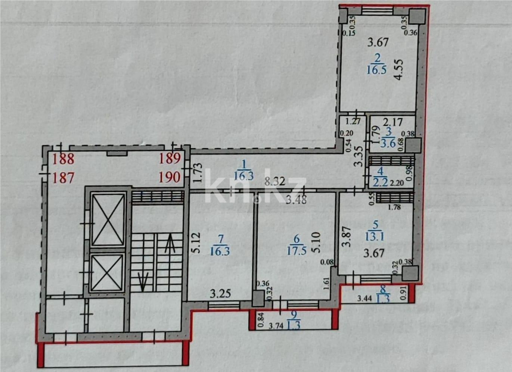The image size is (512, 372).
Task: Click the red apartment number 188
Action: pyautogui.click(x=63, y=159)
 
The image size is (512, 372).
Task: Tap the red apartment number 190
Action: pyautogui.click(x=170, y=177)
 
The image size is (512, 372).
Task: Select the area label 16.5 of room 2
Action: pyautogui.click(x=376, y=70)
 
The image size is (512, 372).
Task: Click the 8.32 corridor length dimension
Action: pyautogui.click(x=275, y=182)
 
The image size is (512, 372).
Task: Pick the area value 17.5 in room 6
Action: pyautogui.click(x=297, y=250)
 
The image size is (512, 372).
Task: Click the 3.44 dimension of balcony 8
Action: pyautogui.click(x=364, y=298)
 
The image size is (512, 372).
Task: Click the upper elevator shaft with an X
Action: pyautogui.click(x=108, y=220)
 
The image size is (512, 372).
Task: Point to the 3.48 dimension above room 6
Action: pyautogui.click(x=296, y=200)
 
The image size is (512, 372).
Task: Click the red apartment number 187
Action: pyautogui.click(x=63, y=177)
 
